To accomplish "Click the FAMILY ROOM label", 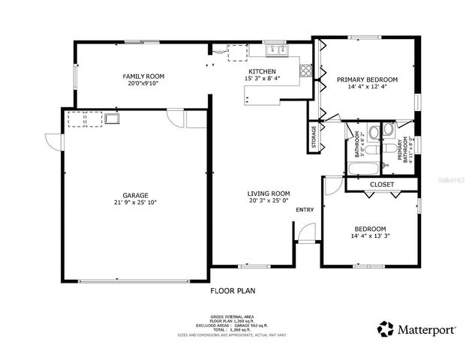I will point(143,76).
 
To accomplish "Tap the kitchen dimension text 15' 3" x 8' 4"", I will point(263,79).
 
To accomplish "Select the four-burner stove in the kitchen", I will point(306,71).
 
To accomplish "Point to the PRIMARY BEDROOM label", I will point(367,79).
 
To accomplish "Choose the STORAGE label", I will point(314,138).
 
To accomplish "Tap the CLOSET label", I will point(382,184).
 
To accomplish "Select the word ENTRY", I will point(305,210).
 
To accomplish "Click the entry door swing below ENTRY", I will point(305,235).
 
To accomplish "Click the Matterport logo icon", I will point(385,328).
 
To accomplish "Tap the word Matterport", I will point(424,328).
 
